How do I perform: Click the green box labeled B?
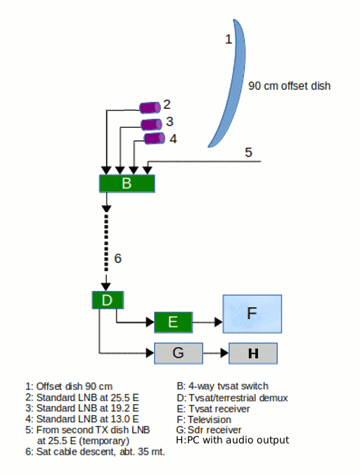(x=127, y=183)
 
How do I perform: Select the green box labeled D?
(x=108, y=300)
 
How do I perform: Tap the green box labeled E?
(x=174, y=323)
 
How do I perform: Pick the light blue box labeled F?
(x=252, y=314)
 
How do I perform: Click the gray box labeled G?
(x=179, y=353)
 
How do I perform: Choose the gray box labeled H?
(x=253, y=353)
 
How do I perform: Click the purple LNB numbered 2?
(x=150, y=108)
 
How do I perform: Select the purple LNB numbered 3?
(x=151, y=124)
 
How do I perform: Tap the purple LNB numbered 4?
(x=154, y=138)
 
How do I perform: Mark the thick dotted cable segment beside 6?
(x=106, y=243)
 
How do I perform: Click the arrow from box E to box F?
(x=207, y=322)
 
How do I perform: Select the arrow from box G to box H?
(x=216, y=353)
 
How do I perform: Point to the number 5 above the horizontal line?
(x=248, y=152)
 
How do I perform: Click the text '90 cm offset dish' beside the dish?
(x=290, y=86)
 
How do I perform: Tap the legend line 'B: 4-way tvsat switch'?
(x=223, y=386)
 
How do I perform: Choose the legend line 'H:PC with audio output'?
(x=233, y=440)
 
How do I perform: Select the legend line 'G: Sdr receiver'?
(x=209, y=430)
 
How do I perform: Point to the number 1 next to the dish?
(x=229, y=39)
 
